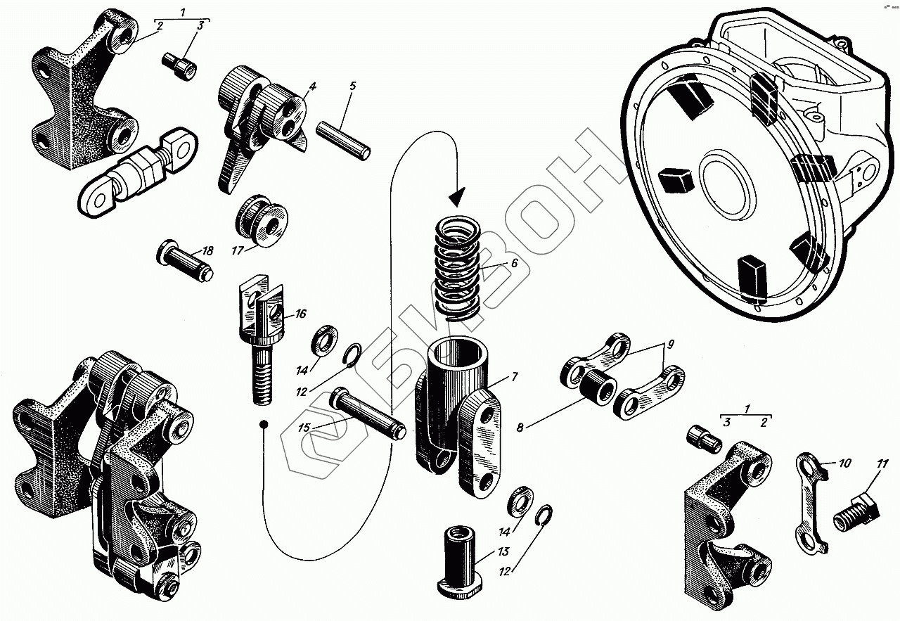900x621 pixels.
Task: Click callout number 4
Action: point(312,87)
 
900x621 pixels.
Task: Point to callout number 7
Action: point(514,377)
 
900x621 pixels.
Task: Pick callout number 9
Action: point(670,344)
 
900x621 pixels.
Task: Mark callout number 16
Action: point(301,314)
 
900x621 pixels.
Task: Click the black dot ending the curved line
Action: point(264,425)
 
